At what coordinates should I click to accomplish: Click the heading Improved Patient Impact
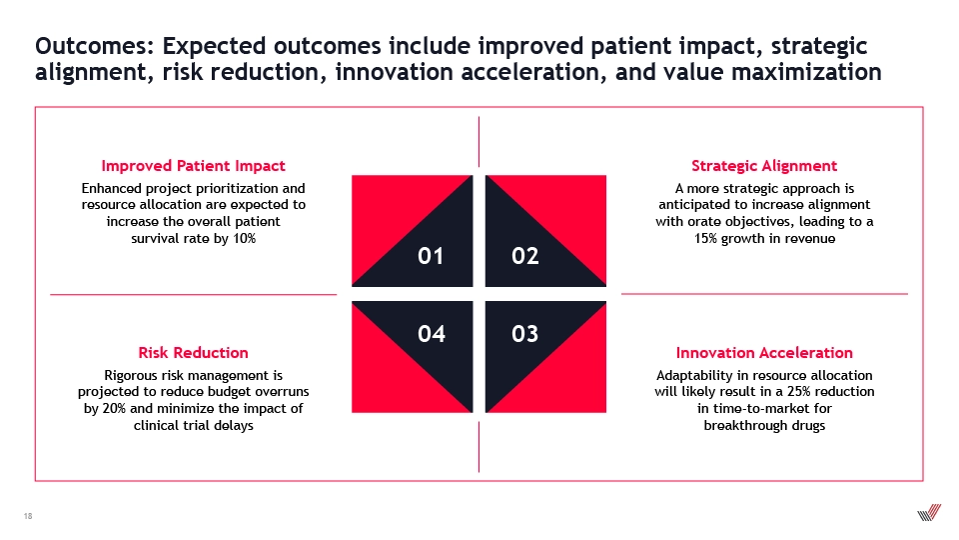[x=193, y=166]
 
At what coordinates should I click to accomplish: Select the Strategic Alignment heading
[x=764, y=166]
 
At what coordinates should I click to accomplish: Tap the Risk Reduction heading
[x=193, y=353]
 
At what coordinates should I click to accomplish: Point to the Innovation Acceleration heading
[x=764, y=353]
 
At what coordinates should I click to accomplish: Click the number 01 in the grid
[x=431, y=256]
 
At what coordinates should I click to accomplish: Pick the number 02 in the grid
[x=525, y=256]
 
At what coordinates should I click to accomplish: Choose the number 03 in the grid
[x=525, y=334]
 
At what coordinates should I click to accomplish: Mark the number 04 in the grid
[x=432, y=334]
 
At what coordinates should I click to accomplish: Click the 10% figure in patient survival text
[x=244, y=238]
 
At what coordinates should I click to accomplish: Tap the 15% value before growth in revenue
[x=705, y=238]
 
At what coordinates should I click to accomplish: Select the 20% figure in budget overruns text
[x=114, y=408]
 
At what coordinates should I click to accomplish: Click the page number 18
[x=28, y=516]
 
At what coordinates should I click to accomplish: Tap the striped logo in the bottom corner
[x=929, y=512]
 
